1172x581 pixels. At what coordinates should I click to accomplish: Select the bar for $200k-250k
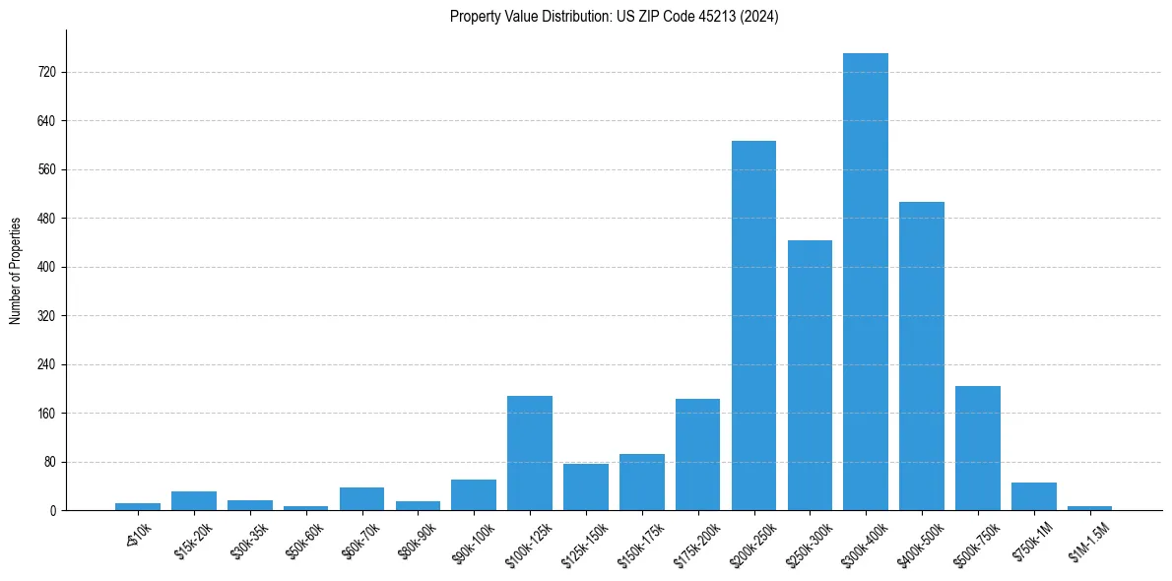click(753, 326)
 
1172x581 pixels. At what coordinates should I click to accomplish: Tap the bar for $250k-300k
click(810, 375)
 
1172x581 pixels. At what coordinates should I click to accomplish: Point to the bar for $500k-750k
click(978, 448)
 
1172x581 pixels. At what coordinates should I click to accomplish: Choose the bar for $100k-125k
click(530, 453)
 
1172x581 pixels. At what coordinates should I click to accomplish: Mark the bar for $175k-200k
click(697, 455)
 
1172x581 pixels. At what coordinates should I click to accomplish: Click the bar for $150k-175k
click(641, 483)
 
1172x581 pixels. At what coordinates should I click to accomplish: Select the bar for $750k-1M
click(1034, 496)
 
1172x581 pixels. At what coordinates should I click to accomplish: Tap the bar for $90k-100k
click(474, 495)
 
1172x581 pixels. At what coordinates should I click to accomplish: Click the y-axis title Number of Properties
click(16, 271)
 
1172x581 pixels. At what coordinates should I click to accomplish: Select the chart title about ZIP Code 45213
click(614, 17)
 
